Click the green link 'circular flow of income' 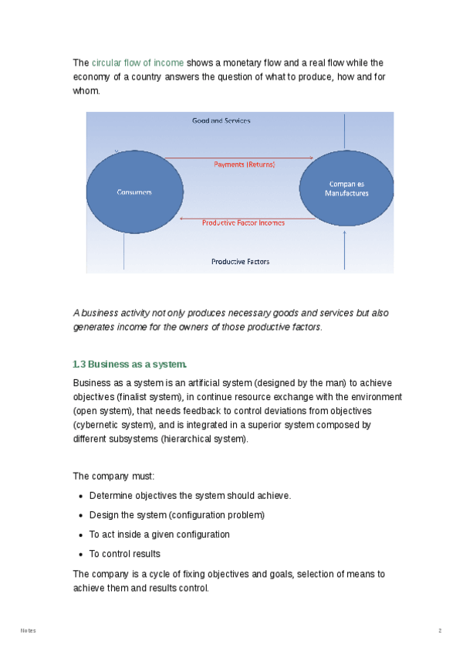tap(137, 63)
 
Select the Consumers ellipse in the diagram tap(134, 192)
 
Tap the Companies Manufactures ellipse tap(346, 188)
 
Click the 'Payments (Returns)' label tap(244, 165)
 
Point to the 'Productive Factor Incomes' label tap(243, 222)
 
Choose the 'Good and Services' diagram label tap(221, 121)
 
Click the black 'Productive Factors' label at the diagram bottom tap(240, 262)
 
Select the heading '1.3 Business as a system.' tap(129, 364)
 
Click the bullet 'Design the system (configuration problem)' tap(177, 514)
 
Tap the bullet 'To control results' tap(125, 554)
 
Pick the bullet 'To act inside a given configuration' tap(159, 535)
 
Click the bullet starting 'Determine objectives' tap(190, 495)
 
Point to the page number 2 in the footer tap(440, 631)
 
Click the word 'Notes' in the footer tap(28, 631)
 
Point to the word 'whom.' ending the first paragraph tap(86, 90)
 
